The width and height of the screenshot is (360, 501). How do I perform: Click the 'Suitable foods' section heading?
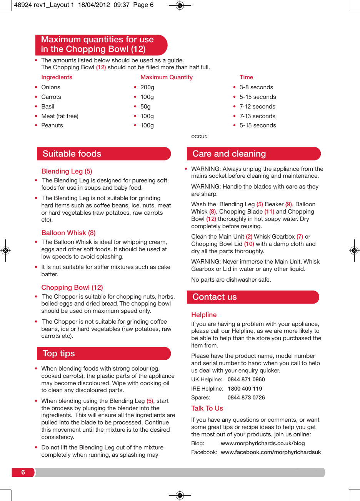click(x=72, y=154)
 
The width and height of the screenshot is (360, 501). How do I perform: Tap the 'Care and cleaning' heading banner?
click(x=229, y=154)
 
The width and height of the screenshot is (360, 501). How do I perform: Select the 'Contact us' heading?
click(x=215, y=297)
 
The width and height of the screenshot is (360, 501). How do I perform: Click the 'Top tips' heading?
click(x=59, y=353)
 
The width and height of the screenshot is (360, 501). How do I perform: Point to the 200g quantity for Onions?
click(x=147, y=87)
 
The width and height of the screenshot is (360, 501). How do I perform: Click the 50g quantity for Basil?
click(x=145, y=107)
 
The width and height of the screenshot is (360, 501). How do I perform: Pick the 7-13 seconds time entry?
click(x=257, y=116)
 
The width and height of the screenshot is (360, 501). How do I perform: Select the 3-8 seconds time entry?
click(x=256, y=87)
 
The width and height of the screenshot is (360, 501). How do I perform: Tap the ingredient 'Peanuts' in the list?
click(x=52, y=125)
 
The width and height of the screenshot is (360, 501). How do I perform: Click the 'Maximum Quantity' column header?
click(x=166, y=77)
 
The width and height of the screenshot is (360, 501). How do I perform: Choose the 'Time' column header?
click(x=246, y=77)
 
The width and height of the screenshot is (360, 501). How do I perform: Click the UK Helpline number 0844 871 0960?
click(x=246, y=379)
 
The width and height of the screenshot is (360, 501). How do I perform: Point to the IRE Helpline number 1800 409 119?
click(x=245, y=389)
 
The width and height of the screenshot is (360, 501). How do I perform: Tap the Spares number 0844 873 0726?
click(x=246, y=397)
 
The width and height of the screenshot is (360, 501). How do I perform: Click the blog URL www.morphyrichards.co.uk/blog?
click(x=263, y=443)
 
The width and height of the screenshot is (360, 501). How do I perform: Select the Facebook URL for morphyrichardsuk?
click(x=271, y=452)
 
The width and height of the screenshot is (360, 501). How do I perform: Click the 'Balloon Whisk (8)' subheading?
click(x=68, y=233)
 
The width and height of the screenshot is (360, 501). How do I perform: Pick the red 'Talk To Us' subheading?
click(x=207, y=408)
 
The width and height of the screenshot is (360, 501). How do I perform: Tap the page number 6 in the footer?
click(x=23, y=472)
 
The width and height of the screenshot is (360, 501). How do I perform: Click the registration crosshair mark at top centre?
click(x=180, y=6)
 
